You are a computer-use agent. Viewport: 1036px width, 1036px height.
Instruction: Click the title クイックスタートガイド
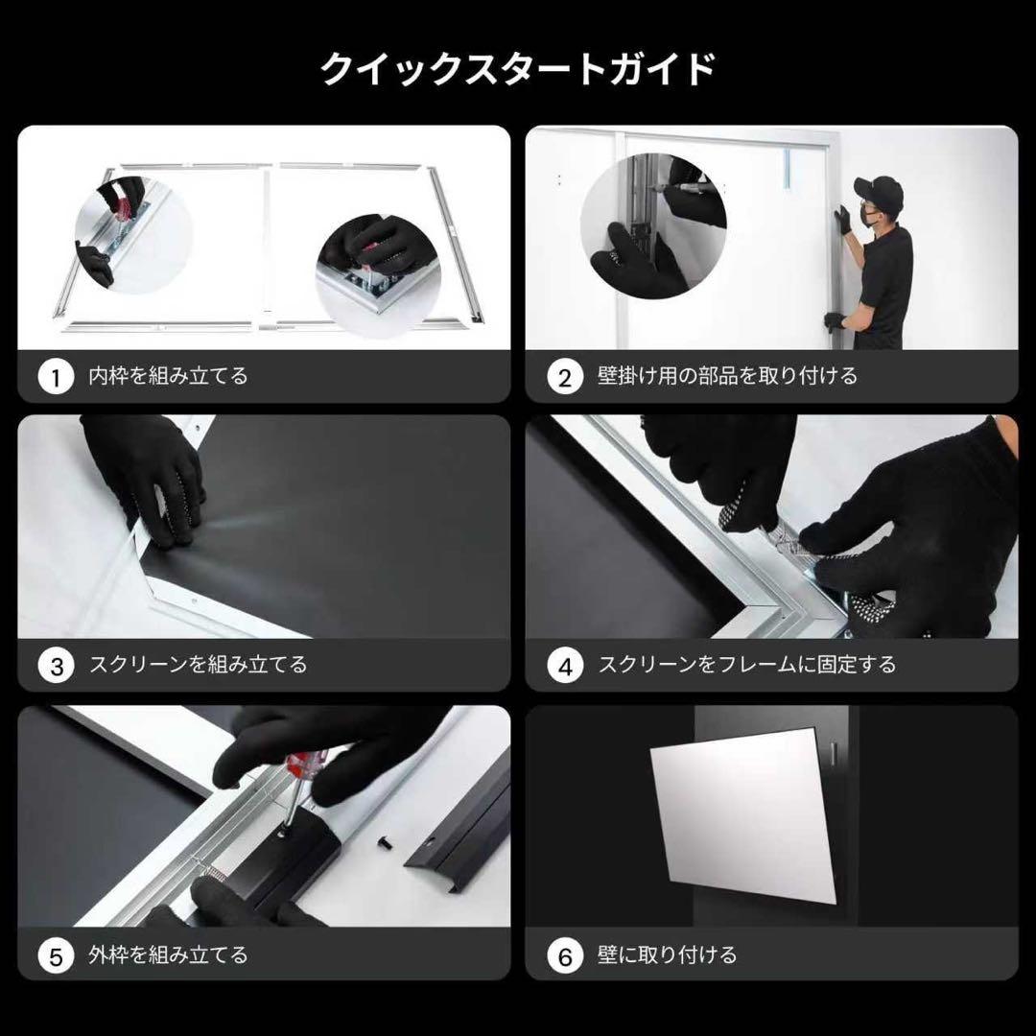pos(518,70)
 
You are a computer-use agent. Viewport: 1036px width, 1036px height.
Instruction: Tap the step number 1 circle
pos(56,377)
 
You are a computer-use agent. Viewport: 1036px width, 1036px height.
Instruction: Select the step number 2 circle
pos(564,377)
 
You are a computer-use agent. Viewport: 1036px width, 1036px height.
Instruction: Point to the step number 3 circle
pos(56,666)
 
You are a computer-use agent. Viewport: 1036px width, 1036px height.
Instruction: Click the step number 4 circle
pos(564,666)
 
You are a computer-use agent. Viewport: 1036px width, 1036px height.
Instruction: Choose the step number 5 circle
pos(56,955)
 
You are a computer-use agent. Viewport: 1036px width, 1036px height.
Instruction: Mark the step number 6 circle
pos(564,955)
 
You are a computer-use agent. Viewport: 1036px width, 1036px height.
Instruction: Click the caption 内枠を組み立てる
pos(167,376)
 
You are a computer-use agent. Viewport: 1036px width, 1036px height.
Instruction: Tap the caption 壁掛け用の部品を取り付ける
pos(727,376)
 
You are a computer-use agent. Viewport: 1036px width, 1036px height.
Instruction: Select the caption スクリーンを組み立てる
pos(198,665)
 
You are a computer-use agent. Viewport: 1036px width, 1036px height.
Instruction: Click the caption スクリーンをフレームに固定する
pos(747,665)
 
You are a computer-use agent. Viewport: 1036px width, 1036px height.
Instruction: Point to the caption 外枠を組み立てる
pos(167,954)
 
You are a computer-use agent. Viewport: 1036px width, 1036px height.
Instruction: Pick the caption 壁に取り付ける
pos(668,954)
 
